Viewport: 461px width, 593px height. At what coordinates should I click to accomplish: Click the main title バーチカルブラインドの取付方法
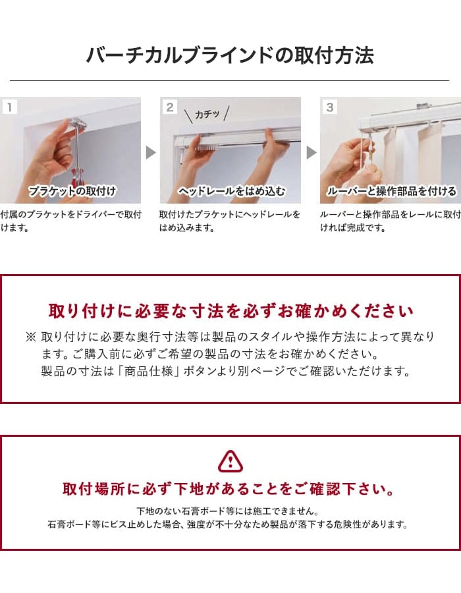(230, 55)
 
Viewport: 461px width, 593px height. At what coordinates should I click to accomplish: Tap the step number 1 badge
(9, 107)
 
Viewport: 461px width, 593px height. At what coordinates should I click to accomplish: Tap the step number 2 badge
(170, 107)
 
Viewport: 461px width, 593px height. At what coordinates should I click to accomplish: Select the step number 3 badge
(330, 107)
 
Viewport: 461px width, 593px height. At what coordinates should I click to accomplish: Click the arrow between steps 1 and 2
(151, 152)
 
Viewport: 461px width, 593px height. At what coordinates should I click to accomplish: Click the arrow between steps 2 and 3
(311, 152)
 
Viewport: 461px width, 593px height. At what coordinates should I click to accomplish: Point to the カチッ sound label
(207, 114)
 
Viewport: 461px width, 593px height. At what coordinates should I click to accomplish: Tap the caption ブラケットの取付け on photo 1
(72, 191)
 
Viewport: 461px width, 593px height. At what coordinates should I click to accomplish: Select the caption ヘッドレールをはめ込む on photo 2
(232, 191)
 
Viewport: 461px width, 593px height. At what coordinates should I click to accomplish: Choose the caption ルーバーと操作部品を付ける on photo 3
(391, 191)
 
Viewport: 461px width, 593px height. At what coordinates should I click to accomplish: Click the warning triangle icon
(230, 461)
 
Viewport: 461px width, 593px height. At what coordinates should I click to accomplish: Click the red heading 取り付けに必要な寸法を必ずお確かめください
(231, 311)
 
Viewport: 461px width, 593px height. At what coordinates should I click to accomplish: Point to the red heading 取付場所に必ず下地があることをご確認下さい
(229, 489)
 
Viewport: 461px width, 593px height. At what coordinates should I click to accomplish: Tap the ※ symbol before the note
(31, 337)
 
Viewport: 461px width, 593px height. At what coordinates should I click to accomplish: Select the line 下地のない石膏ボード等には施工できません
(227, 511)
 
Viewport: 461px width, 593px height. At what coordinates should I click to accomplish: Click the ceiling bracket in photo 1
(78, 124)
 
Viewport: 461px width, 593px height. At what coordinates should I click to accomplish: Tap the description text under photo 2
(229, 221)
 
